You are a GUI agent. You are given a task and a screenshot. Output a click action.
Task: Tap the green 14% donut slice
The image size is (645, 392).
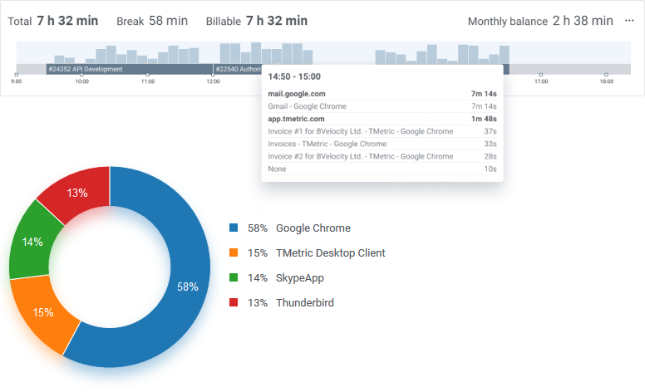pyautogui.click(x=32, y=243)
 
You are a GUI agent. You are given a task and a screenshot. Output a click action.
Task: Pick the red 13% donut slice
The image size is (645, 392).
pyautogui.click(x=77, y=193)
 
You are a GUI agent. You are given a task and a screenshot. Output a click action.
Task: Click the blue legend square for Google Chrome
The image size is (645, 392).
pyautogui.click(x=234, y=228)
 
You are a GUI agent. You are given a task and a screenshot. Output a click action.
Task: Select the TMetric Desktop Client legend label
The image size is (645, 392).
pyautogui.click(x=330, y=252)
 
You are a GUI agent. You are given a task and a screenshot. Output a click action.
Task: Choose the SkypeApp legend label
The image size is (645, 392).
pyautogui.click(x=301, y=277)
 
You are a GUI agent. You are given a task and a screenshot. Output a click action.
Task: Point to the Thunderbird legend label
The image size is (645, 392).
pyautogui.click(x=304, y=302)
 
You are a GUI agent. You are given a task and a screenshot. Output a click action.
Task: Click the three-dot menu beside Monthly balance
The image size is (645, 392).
pyautogui.click(x=629, y=20)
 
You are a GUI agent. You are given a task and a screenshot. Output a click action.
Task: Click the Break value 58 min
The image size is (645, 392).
pyautogui.click(x=168, y=20)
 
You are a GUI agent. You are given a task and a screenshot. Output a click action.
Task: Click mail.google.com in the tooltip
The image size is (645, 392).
pyautogui.click(x=296, y=94)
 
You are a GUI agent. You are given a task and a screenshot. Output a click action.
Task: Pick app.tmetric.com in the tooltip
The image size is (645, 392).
pyautogui.click(x=296, y=119)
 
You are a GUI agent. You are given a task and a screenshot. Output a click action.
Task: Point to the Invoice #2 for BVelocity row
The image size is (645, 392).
pyautogui.click(x=360, y=156)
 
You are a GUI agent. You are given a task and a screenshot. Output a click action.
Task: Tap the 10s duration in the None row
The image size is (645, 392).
pyautogui.click(x=490, y=169)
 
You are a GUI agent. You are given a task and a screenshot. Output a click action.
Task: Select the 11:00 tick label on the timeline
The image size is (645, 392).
pyautogui.click(x=147, y=81)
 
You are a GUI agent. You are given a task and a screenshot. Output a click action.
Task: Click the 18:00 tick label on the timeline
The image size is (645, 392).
pyautogui.click(x=606, y=81)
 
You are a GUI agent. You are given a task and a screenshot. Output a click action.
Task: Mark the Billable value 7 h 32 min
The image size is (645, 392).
pyautogui.click(x=277, y=20)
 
